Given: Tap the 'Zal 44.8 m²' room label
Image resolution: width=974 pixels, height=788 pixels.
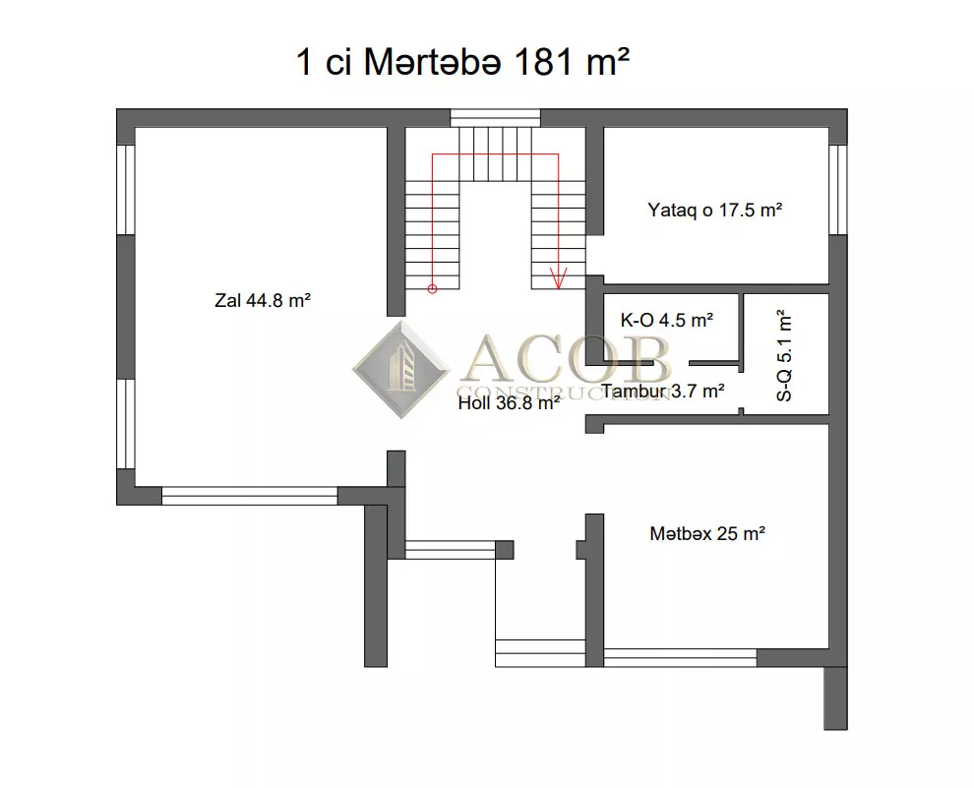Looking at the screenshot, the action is [262, 301].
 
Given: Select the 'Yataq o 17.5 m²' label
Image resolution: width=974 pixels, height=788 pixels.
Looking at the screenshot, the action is [714, 210].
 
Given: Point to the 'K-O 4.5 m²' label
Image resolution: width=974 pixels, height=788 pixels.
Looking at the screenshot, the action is [666, 320].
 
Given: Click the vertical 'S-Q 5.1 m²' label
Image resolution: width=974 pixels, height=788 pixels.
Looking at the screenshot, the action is [784, 355].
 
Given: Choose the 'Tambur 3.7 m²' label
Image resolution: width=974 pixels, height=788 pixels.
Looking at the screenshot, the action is [663, 392].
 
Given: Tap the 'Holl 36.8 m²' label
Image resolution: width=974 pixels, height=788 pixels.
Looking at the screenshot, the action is [509, 403].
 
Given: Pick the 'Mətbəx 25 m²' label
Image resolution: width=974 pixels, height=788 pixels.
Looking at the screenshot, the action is [707, 533].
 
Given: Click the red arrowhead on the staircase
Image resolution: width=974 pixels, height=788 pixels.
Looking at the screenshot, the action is [559, 278].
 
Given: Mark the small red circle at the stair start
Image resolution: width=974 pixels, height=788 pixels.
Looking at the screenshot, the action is [432, 289].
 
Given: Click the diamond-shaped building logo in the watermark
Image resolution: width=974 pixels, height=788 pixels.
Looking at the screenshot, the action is [401, 369].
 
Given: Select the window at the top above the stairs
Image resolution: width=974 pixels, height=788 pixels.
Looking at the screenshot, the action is [495, 118].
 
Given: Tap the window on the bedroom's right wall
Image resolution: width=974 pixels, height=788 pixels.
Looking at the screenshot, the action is [838, 190].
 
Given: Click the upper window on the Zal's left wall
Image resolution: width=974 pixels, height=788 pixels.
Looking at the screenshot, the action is [126, 190].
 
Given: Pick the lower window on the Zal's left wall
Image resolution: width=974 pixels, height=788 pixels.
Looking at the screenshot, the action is [126, 423].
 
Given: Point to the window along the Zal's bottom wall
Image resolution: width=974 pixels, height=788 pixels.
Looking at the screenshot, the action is [250, 496].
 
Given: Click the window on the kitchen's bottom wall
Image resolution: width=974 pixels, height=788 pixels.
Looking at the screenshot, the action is [680, 657].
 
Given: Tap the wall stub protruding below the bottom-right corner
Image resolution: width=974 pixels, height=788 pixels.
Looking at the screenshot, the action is [835, 698].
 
